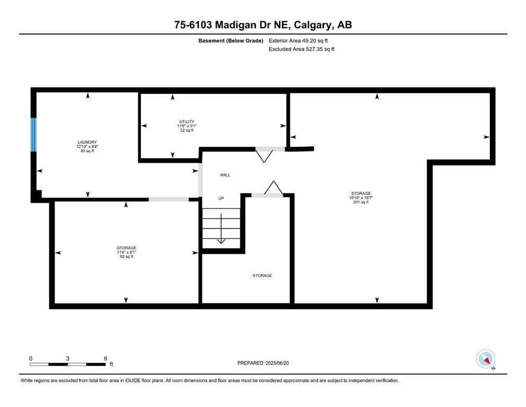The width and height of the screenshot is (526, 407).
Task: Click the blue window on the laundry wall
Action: [34, 135]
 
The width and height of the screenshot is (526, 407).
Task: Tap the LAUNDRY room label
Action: [86, 142]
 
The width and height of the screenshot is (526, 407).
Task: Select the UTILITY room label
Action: [186, 122]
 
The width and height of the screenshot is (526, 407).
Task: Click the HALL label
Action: [225, 175]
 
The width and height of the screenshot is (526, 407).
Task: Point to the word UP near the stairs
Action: [221, 198]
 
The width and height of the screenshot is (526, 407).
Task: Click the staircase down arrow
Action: [221, 240]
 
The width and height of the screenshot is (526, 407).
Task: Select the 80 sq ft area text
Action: [86, 151]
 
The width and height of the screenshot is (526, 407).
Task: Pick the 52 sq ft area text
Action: [186, 130]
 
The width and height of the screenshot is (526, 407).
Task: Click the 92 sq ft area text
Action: [127, 256]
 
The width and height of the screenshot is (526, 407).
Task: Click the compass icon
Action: [485, 359]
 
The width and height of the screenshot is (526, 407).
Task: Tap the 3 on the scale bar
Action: [68, 358]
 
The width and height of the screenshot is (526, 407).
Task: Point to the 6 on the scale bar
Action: [105, 358]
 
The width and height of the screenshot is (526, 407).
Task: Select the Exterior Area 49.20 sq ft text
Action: [302, 40]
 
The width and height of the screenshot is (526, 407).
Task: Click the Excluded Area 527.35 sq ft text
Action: [302, 49]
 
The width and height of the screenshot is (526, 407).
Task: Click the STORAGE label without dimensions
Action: [262, 276]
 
